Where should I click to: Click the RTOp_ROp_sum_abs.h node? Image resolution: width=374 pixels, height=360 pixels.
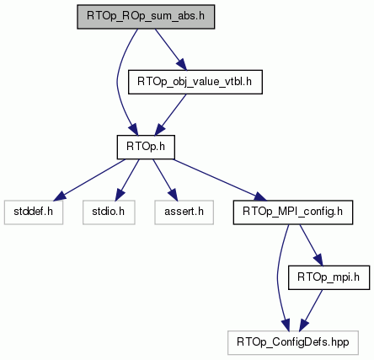click(x=146, y=17)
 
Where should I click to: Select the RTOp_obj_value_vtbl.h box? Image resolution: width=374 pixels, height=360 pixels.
click(x=195, y=82)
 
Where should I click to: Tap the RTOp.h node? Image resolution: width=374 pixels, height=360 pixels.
click(x=146, y=147)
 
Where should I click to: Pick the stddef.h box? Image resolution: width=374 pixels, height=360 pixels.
click(x=34, y=212)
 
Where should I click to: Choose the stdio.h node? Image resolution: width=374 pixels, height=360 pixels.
click(x=109, y=212)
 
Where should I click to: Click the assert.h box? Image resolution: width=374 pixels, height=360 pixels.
click(x=184, y=212)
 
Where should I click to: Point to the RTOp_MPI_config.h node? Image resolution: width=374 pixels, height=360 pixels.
click(x=293, y=212)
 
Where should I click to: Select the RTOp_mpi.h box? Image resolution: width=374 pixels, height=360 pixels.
click(x=329, y=277)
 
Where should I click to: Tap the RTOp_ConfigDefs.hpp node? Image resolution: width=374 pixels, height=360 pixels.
click(x=293, y=342)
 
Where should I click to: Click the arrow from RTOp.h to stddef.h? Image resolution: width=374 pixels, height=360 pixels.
click(x=89, y=180)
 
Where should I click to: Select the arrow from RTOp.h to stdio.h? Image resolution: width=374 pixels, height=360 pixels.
click(x=127, y=180)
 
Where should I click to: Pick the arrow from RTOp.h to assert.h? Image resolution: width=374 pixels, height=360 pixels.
click(x=165, y=180)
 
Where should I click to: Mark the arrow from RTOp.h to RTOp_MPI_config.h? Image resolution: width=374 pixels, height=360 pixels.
click(x=220, y=180)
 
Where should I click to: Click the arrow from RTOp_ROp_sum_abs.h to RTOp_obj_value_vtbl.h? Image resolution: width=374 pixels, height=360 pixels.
click(x=170, y=49)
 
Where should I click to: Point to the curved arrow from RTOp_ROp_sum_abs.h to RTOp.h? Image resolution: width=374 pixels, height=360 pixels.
click(x=117, y=82)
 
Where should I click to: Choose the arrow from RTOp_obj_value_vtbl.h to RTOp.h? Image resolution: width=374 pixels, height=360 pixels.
click(x=170, y=115)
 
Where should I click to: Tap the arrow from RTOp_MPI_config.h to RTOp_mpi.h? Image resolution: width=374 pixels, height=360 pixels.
click(x=311, y=245)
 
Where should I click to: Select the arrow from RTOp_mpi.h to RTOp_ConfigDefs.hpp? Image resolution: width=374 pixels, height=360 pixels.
click(x=311, y=310)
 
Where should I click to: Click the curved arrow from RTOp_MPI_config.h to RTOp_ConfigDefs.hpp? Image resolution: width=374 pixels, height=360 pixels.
click(x=278, y=277)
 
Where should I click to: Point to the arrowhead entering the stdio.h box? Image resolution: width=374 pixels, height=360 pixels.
click(x=120, y=195)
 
